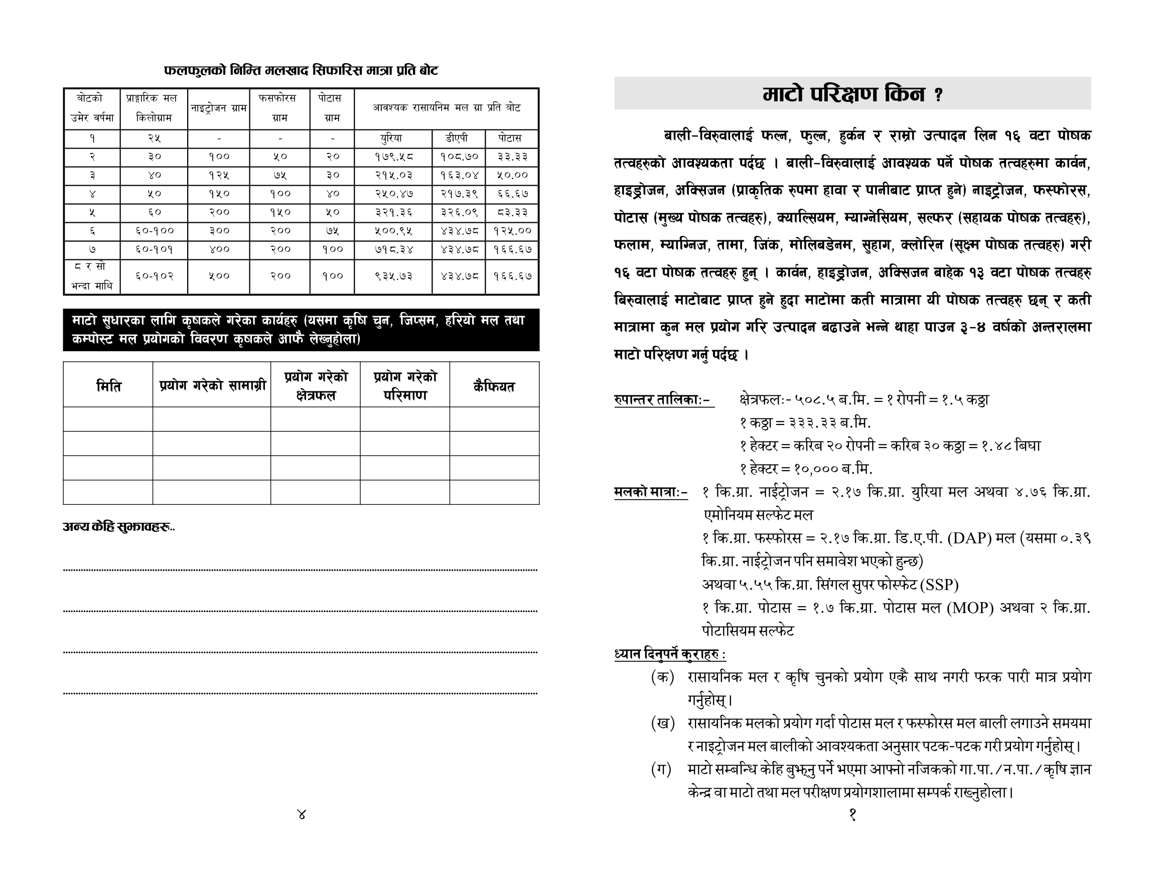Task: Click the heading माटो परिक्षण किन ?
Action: tap(852, 94)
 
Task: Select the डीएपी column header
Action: tap(457, 138)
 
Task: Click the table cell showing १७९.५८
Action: tap(393, 156)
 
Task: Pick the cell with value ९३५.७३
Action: tap(393, 276)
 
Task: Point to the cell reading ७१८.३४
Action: tap(393, 249)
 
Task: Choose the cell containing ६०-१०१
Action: tap(154, 249)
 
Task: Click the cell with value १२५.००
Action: tap(512, 230)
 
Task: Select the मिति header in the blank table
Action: tap(108, 386)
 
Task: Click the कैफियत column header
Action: tap(494, 386)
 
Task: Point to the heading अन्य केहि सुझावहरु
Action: tap(118, 527)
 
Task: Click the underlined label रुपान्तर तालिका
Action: tap(662, 400)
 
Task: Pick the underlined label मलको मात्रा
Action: tap(651, 492)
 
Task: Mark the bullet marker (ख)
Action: tap(662, 723)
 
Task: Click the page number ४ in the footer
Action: tap(301, 814)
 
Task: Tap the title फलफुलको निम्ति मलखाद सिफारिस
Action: tap(301, 70)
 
